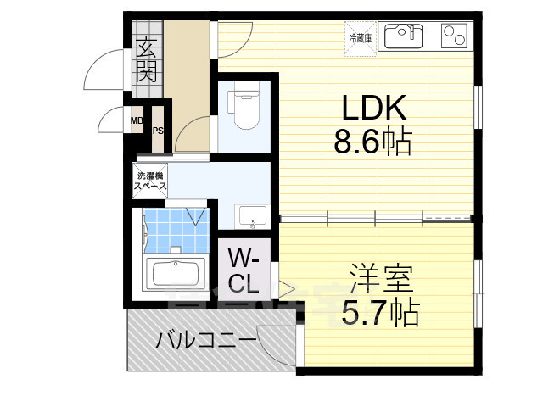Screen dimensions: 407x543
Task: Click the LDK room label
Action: [x=374, y=109]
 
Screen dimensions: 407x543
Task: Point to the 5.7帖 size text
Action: [x=380, y=313]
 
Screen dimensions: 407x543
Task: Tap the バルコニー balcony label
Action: [x=206, y=343]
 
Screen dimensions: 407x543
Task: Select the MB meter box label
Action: [x=137, y=120]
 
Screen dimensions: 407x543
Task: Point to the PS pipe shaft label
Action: [x=158, y=130]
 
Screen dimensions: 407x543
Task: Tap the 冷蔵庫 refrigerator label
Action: [x=357, y=37]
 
